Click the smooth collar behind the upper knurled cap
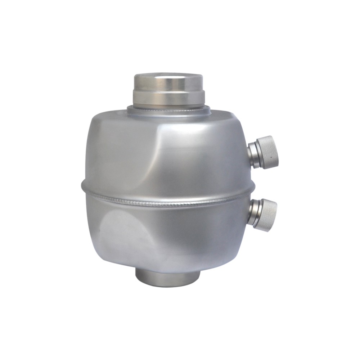coord(254,154)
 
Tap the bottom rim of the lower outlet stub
coord(167,283)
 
